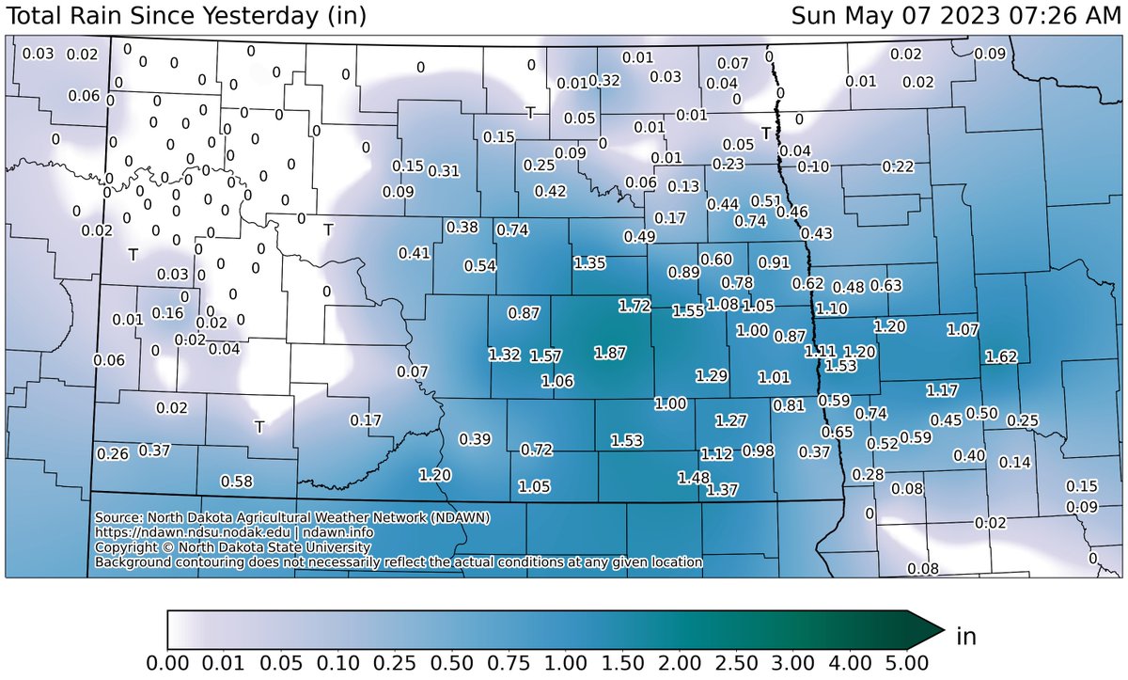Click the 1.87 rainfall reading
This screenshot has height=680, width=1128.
click(610, 352)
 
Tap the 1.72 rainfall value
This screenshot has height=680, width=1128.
click(634, 306)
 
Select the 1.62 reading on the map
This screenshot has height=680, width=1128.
click(1001, 356)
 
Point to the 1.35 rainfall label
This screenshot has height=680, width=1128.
click(589, 262)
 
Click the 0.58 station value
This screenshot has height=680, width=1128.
click(236, 482)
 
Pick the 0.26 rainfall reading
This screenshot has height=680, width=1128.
click(113, 454)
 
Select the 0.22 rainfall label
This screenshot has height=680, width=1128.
click(898, 166)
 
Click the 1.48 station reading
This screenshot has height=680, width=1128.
click(694, 478)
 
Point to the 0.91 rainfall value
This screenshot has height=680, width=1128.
click(775, 261)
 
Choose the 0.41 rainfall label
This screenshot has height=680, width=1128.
click(415, 252)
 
